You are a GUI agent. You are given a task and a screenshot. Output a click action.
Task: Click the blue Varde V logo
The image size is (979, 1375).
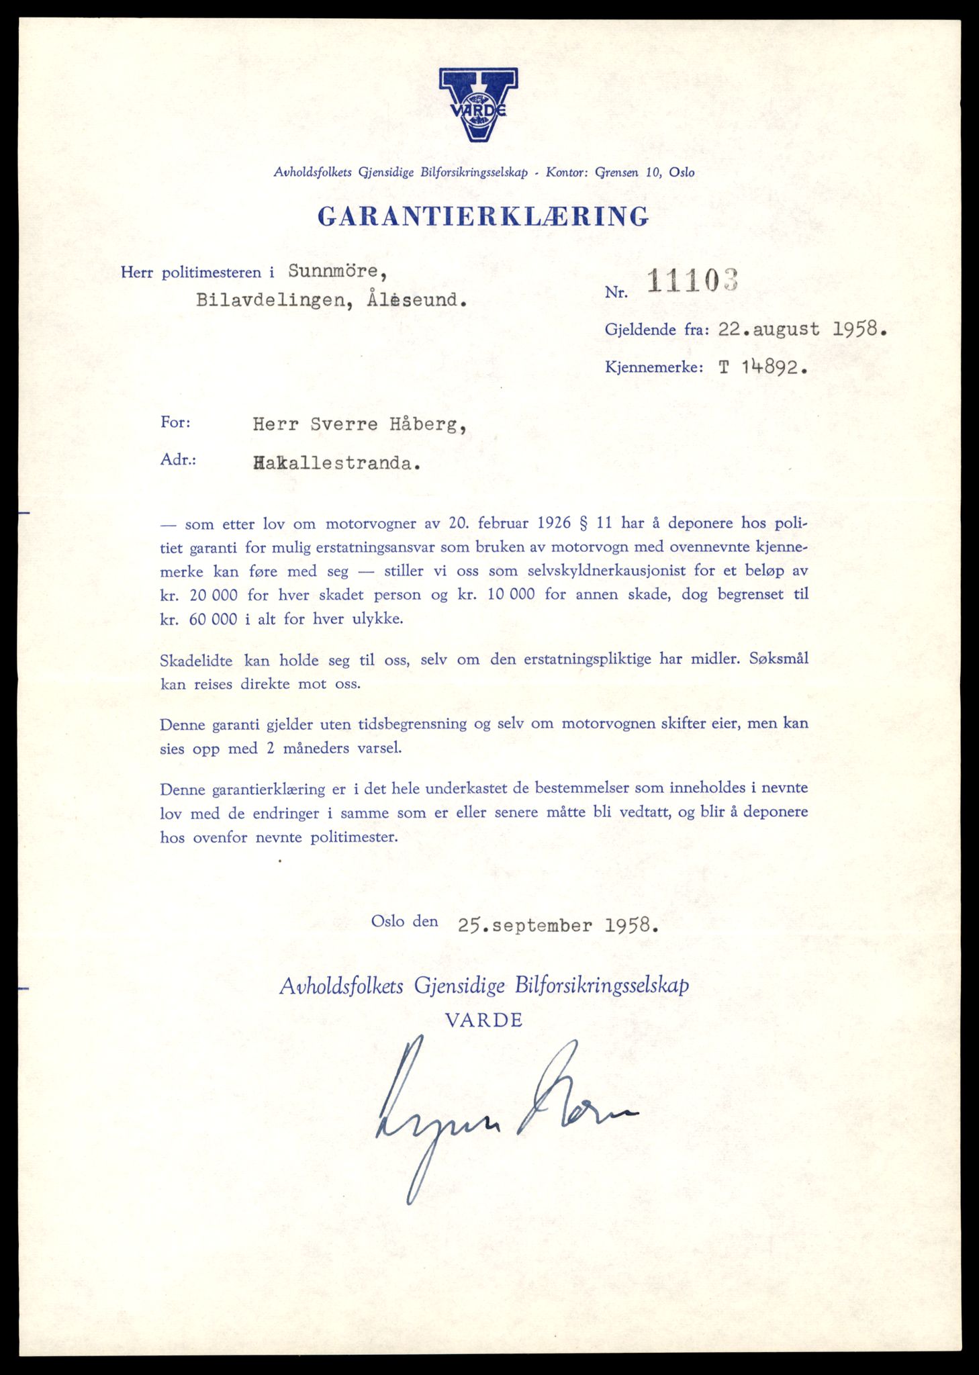478,104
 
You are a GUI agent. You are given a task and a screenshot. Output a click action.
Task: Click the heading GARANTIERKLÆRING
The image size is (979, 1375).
483,216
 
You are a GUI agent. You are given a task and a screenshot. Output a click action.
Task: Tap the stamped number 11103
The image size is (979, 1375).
692,281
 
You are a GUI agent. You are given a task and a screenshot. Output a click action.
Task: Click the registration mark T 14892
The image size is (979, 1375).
762,367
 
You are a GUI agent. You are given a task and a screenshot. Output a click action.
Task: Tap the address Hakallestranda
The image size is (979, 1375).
336,464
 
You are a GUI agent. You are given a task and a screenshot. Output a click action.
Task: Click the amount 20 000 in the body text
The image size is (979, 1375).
209,595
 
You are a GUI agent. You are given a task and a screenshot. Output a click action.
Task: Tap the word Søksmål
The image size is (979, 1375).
778,659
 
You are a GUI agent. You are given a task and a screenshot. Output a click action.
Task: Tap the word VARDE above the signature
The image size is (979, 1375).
483,1021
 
